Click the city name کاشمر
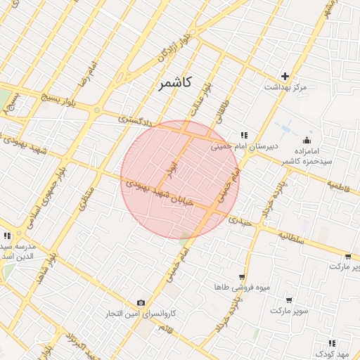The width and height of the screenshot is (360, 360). pos(171,84)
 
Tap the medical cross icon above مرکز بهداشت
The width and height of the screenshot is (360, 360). pos(285,76)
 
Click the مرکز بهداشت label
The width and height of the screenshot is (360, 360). pos(285,87)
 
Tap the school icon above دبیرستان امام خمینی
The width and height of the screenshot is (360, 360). pos(244,134)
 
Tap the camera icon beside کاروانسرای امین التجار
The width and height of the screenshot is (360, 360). pos(141,302)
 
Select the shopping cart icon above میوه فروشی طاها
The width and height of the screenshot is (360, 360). pos(242,277)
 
